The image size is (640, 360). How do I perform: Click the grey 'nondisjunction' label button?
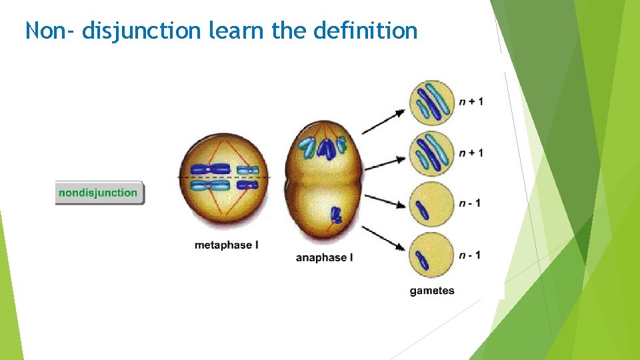(x=99, y=193)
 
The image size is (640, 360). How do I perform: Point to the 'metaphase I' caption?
(x=227, y=245)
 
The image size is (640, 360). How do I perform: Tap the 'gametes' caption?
(x=432, y=291)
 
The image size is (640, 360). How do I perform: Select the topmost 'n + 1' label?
(x=471, y=101)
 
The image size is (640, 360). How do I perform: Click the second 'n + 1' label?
(x=471, y=153)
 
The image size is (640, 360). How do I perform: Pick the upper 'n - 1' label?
(x=469, y=203)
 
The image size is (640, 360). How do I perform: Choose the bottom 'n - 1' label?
(x=469, y=255)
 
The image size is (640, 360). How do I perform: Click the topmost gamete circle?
(x=431, y=102)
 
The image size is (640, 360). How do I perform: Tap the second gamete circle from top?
(x=431, y=153)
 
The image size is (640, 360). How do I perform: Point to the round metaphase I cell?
(x=223, y=178)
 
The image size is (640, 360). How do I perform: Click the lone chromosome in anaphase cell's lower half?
(x=337, y=215)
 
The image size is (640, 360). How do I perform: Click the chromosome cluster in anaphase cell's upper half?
(x=324, y=147)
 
